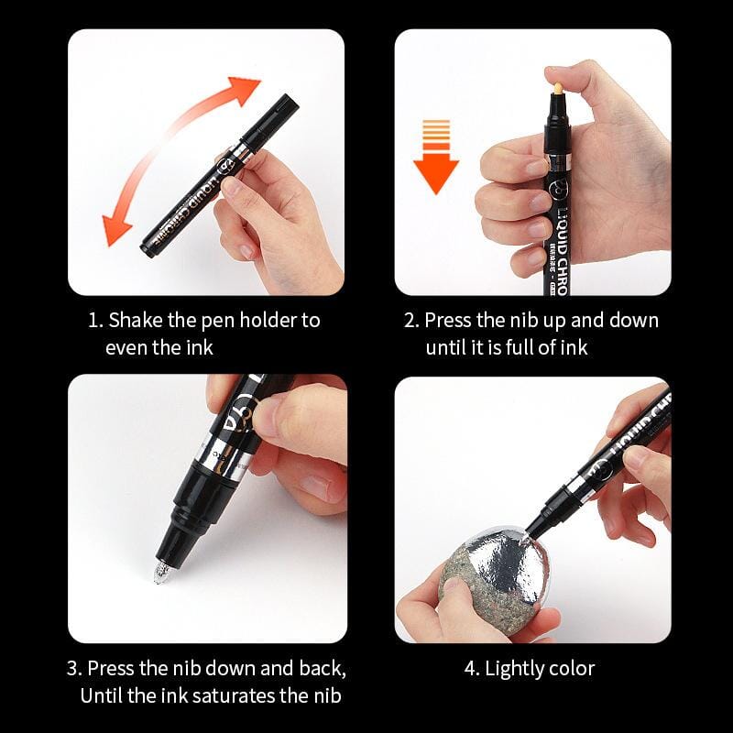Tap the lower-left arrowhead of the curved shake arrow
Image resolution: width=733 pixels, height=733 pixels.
point(117,229)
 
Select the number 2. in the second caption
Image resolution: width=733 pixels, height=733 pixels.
point(412,321)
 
